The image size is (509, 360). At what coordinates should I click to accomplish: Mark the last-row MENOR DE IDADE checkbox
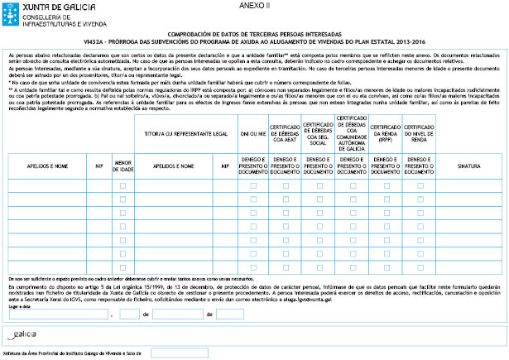pos(123,269)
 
